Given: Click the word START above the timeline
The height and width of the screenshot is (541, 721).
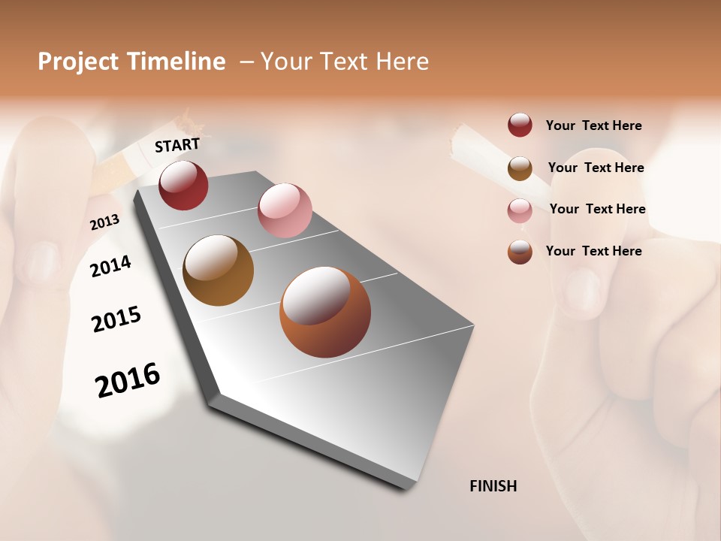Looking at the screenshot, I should click(177, 145).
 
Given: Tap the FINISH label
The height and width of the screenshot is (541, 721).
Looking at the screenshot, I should click(493, 486).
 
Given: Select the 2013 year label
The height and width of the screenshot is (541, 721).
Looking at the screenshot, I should click(104, 222).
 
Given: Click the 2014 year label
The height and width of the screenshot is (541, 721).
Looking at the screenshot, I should click(110, 266).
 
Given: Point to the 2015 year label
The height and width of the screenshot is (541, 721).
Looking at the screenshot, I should click(116, 319).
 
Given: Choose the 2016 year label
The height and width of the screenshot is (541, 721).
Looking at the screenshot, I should click(128, 380).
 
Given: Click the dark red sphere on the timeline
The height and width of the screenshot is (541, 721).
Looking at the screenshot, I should click(183, 186).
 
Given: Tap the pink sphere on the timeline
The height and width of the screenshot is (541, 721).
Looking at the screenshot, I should click(285, 210).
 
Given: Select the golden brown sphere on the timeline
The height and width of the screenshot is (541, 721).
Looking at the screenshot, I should click(218, 270).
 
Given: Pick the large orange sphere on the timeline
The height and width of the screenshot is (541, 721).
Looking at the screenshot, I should click(324, 312).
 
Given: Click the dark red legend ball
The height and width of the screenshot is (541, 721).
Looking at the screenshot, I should click(520, 125).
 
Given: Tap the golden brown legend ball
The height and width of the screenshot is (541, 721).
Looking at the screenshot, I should click(520, 168).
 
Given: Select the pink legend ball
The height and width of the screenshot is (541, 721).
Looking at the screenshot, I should click(520, 210).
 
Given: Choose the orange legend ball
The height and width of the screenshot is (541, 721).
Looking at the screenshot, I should click(520, 252).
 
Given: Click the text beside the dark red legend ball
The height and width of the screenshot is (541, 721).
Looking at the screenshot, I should click(593, 125).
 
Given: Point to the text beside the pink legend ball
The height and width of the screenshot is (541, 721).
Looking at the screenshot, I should click(597, 209).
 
